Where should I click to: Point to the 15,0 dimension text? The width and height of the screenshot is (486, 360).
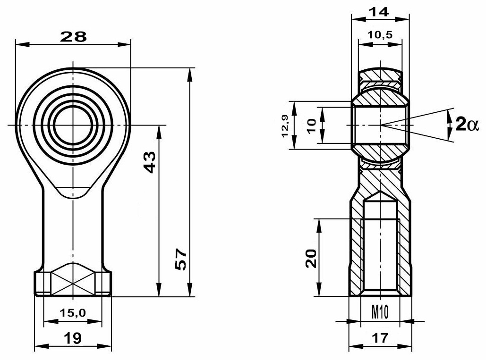(x=72, y=312)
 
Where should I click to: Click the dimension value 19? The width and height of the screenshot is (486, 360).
(x=72, y=337)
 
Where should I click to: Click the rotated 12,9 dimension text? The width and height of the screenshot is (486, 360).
(x=285, y=126)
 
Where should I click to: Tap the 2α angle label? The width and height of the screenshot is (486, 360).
(x=467, y=125)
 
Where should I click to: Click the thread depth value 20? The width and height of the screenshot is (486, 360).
(x=310, y=259)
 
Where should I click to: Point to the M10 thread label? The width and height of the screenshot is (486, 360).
(x=380, y=311)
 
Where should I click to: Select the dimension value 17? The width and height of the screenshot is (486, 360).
(x=380, y=337)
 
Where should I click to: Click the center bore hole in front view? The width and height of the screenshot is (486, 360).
(x=73, y=125)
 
